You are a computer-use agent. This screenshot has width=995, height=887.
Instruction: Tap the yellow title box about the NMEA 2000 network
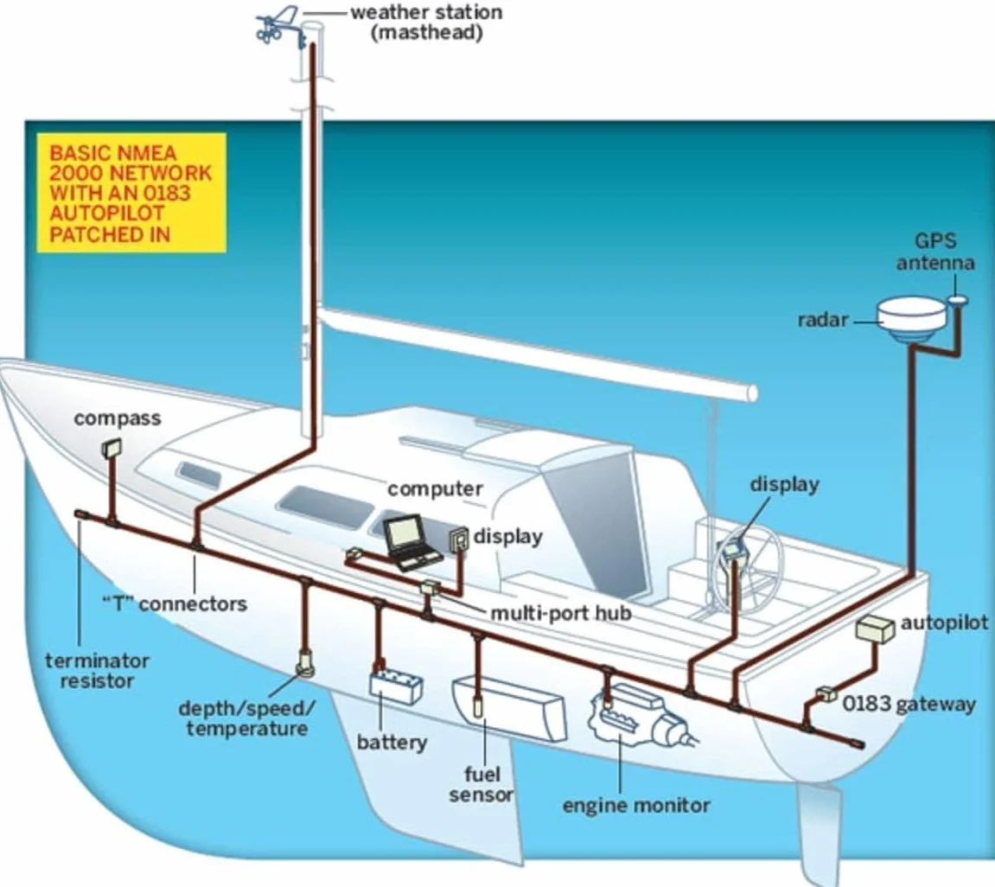point(131,193)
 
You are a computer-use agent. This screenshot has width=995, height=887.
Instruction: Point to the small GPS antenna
point(959,300)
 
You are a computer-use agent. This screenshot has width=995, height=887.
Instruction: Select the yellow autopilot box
point(876,629)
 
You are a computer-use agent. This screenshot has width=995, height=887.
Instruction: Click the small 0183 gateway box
point(826,694)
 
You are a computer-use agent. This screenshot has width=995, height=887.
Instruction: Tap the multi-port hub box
point(431,587)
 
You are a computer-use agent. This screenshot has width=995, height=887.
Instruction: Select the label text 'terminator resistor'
point(97,671)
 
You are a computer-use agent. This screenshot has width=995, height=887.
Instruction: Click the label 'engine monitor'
point(636,805)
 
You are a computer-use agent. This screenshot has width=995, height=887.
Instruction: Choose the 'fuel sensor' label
point(482,784)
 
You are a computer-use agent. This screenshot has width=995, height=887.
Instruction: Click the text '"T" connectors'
point(175,603)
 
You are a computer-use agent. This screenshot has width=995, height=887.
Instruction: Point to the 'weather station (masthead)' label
point(426,22)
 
